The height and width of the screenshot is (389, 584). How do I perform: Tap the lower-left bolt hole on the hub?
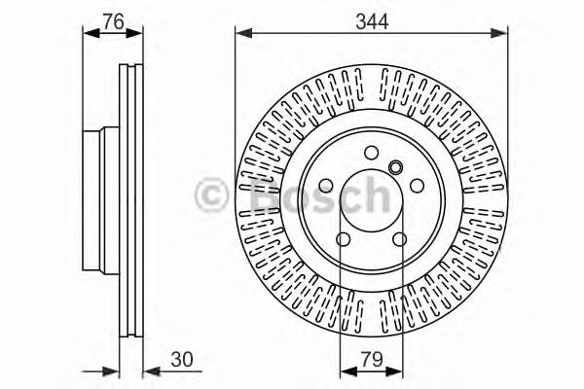click(x=343, y=239)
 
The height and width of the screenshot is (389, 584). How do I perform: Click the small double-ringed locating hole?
click(x=395, y=167)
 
